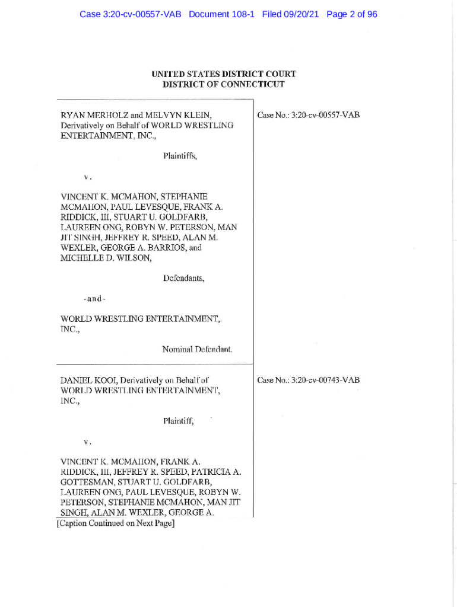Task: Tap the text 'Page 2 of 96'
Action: point(351,14)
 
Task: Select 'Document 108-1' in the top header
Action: point(221,14)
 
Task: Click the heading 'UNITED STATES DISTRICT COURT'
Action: point(224,74)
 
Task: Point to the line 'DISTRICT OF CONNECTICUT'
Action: point(224,84)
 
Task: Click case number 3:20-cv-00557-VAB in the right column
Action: point(309,116)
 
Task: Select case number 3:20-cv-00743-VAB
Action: point(309,380)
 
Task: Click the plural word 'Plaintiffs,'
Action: point(180,157)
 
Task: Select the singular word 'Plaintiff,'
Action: point(178,421)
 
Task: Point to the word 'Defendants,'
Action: point(183,278)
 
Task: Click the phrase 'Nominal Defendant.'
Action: point(197,349)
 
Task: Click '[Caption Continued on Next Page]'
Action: point(115,523)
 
